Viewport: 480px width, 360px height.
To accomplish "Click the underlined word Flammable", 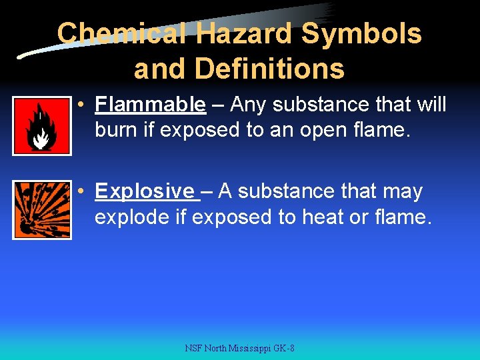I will (x=151, y=105).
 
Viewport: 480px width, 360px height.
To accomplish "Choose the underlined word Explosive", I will (x=145, y=191).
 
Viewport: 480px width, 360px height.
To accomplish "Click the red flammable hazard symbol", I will (x=41, y=125).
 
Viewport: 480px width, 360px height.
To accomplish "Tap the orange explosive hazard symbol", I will (x=41, y=210).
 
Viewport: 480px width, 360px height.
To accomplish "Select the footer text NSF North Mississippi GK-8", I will (x=240, y=349).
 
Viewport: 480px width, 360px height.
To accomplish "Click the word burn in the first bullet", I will (x=117, y=130).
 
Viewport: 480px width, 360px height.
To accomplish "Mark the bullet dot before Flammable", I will (x=79, y=105).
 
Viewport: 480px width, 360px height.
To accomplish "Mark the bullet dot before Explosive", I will (x=79, y=192).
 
